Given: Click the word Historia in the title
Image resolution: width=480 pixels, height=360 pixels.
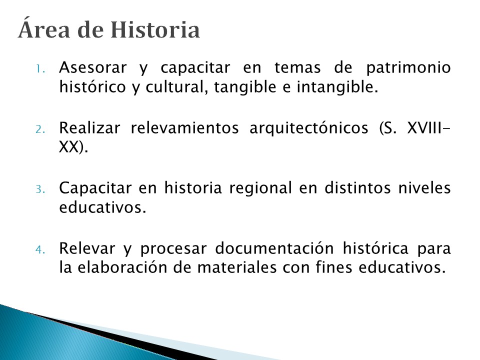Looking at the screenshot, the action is pos(155,30).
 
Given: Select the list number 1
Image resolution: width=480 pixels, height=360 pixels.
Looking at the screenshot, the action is pos(40,69).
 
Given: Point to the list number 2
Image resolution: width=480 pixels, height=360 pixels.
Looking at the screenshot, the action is pos(40,129).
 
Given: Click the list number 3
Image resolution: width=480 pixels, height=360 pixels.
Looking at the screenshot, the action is pos(40,189).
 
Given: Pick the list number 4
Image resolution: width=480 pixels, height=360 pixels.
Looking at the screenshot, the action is pos(40,250).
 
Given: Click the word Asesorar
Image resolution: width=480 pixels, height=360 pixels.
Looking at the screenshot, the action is pos(93,67).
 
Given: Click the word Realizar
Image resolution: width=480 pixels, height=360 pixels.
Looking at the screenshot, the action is pos(89,127).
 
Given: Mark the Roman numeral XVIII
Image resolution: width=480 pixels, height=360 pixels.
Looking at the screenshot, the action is pos(424,128).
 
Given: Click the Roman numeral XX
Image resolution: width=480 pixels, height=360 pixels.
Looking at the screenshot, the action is pos(69,147).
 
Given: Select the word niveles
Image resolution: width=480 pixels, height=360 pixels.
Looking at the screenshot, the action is pos(424,188).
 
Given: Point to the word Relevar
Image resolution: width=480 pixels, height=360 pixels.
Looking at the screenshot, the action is pos(87,248).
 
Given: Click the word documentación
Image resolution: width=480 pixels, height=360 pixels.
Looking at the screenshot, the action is pos(274,248).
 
